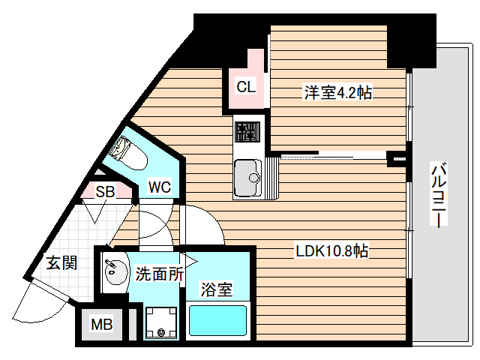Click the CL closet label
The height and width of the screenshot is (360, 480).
245,86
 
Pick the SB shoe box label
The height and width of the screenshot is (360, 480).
104,192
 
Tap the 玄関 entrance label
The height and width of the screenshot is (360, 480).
62,262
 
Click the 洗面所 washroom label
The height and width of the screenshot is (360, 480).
159,274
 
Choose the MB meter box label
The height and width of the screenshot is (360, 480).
101,325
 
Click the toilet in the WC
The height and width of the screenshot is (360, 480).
124,154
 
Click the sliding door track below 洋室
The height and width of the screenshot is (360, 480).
334,157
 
